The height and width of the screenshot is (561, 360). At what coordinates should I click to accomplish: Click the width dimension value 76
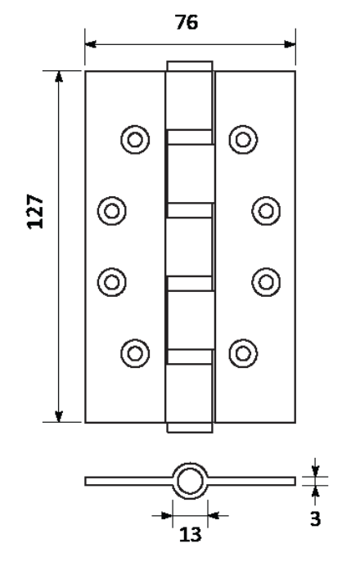click(187, 22)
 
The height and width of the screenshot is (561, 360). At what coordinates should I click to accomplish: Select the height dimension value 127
click(35, 211)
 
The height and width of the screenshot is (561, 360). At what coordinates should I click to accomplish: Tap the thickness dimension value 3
click(315, 518)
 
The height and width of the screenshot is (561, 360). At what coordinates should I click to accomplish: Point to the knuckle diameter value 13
click(190, 535)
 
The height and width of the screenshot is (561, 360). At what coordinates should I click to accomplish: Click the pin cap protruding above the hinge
click(190, 65)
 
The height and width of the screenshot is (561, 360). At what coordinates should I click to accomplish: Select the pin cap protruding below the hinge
click(190, 428)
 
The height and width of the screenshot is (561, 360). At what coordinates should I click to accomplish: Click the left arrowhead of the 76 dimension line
click(91, 44)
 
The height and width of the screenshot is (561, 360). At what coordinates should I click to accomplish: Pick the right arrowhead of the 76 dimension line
click(290, 44)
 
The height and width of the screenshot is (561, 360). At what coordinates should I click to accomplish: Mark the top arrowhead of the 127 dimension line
click(59, 77)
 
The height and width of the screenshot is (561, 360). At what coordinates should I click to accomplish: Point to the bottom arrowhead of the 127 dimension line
click(59, 416)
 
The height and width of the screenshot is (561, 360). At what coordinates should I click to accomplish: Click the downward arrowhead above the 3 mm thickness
click(315, 471)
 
